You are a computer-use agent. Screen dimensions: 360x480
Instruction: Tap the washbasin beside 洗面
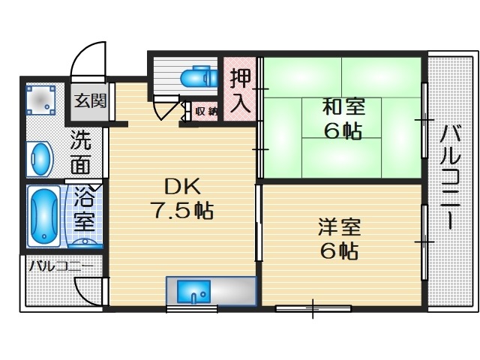pyautogui.click(x=39, y=160)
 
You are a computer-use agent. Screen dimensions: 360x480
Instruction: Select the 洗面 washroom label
pyautogui.click(x=80, y=151)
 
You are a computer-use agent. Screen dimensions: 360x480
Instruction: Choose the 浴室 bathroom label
pyautogui.click(x=84, y=210)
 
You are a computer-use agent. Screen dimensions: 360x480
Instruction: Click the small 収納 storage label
pyautogui.click(x=206, y=112)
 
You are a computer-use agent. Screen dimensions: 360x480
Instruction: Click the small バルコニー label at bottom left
pyautogui.click(x=61, y=266)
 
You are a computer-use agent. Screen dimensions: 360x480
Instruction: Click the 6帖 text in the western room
pyautogui.click(x=338, y=251)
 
